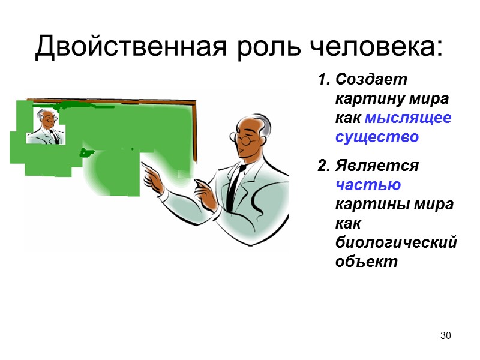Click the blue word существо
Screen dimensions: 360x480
tap(377, 137)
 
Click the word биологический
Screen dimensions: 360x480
tap(396, 242)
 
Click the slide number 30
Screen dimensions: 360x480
tap(445, 335)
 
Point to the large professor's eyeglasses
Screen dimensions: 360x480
tap(246, 141)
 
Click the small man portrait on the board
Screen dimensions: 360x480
tap(45, 126)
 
